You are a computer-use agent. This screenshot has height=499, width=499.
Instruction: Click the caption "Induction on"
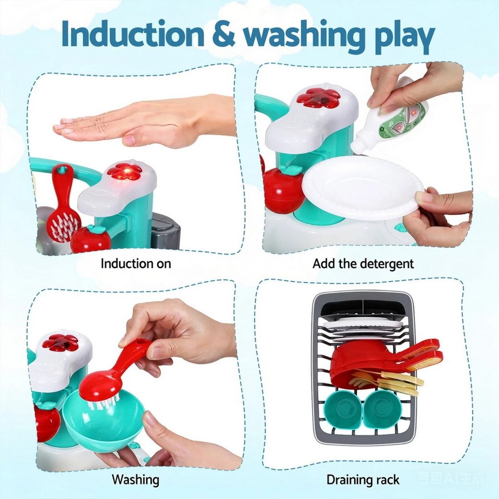coord(136,263)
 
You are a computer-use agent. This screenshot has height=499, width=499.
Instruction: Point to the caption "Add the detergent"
coord(363,263)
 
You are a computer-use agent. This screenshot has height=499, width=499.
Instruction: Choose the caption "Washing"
coord(136,479)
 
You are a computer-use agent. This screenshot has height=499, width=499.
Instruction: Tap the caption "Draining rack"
coord(363,479)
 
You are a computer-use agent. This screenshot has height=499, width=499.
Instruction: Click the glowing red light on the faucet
coord(127,172)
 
